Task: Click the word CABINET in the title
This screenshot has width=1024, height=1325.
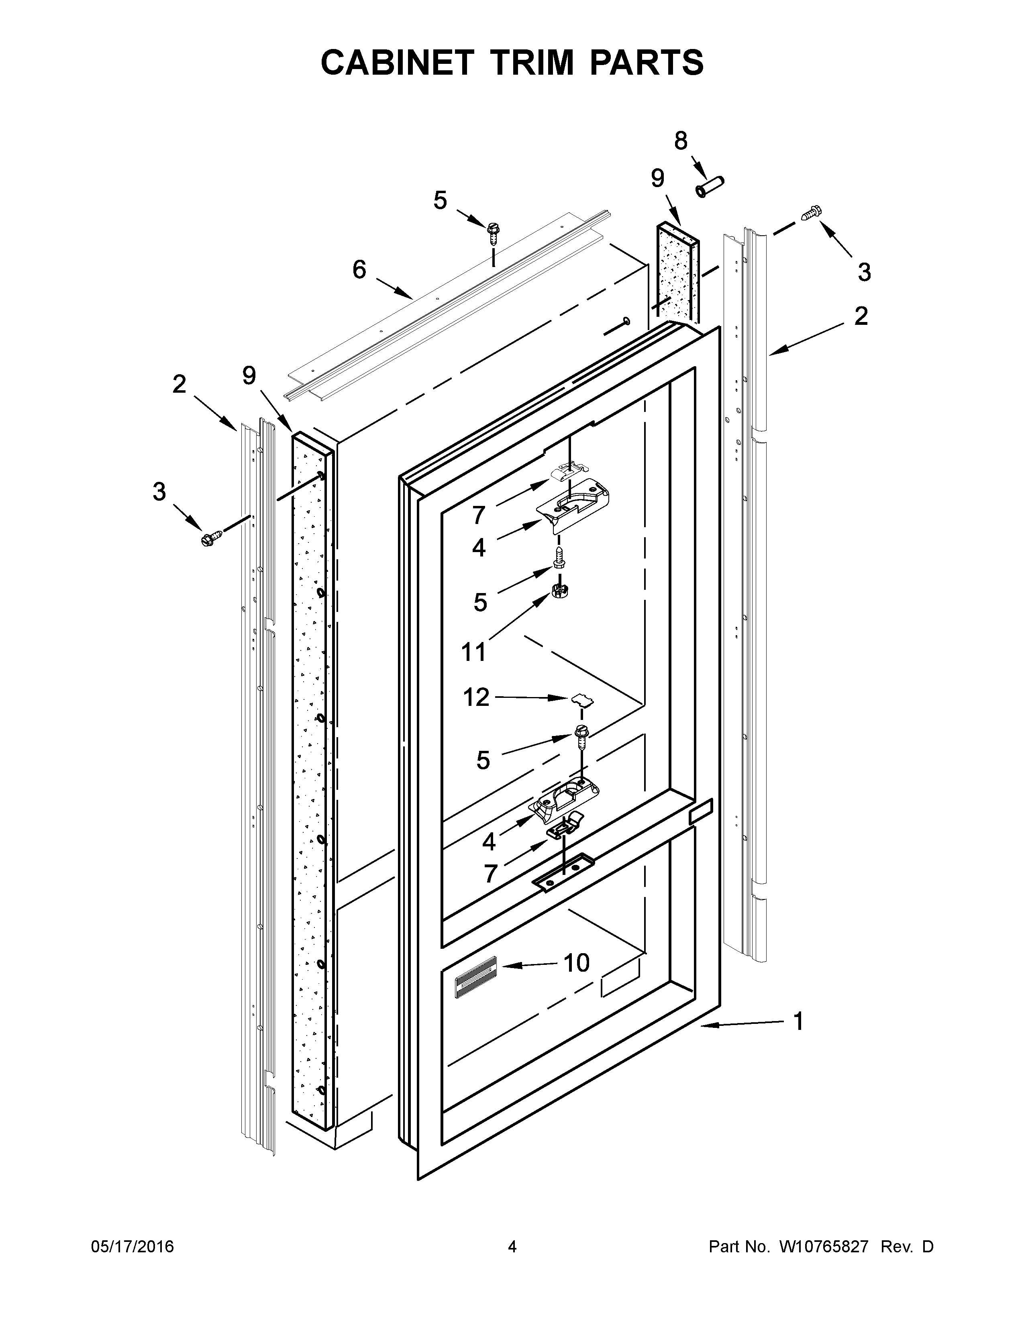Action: [397, 63]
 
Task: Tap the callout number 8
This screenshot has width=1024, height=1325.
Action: [681, 141]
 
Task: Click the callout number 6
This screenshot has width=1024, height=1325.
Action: [359, 269]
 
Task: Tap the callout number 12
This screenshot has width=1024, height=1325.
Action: [476, 698]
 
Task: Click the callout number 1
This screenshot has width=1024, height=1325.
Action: [798, 1021]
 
